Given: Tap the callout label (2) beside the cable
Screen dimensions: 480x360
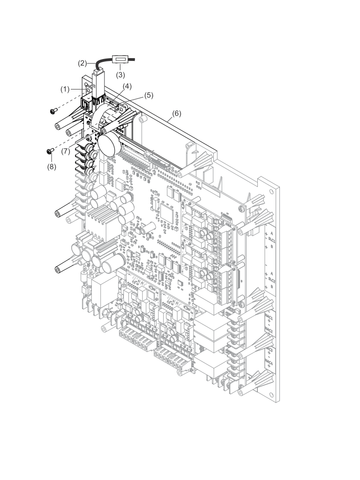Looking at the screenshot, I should [x=82, y=63].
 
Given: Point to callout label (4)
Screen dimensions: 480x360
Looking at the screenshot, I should [x=127, y=86].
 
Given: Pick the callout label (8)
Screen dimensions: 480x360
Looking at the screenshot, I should [x=51, y=167].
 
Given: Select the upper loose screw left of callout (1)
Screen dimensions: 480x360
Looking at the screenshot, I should [x=52, y=111].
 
